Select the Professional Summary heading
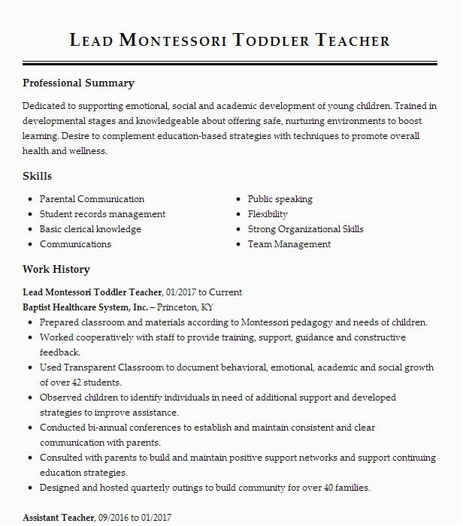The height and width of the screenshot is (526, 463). [x=78, y=83]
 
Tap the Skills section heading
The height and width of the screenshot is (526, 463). [x=37, y=176]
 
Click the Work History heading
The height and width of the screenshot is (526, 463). [x=56, y=269]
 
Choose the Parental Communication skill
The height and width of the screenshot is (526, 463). [x=92, y=199]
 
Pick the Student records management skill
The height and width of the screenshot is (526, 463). [x=102, y=214]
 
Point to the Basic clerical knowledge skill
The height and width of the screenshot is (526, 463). [x=90, y=229]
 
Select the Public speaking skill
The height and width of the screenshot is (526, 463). [x=280, y=199]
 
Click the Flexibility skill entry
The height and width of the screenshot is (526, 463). [x=268, y=214]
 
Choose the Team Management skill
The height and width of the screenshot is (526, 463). [x=289, y=244]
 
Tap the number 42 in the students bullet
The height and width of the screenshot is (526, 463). [x=77, y=382]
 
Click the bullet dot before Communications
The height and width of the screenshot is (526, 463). [x=29, y=244]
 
